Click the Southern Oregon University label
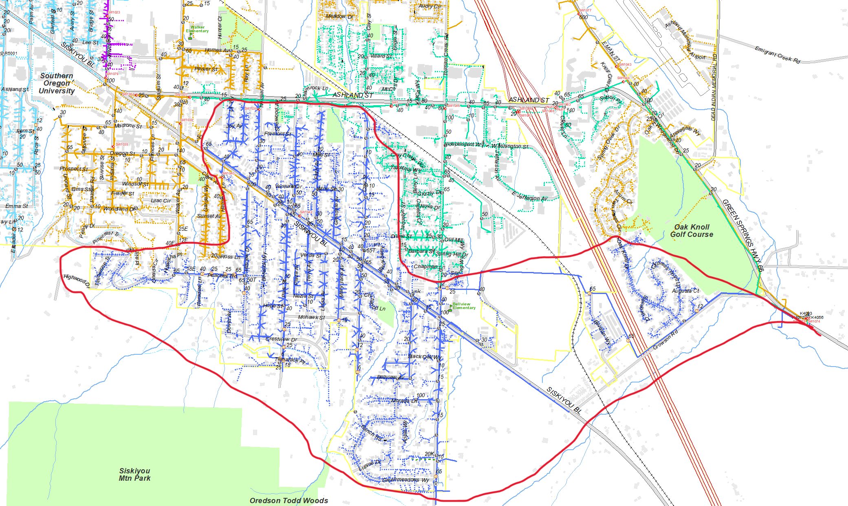pyautogui.click(x=57, y=83)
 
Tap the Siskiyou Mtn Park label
pyautogui.click(x=134, y=475)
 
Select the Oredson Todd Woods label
pyautogui.click(x=289, y=500)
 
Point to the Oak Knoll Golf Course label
pyautogui.click(x=692, y=230)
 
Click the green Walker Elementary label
pyautogui.click(x=197, y=29)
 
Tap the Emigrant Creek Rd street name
pyautogui.click(x=777, y=55)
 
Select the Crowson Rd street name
pyautogui.click(x=665, y=340)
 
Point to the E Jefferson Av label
pyautogui.click(x=529, y=196)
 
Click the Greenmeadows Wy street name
pyautogui.click(x=405, y=480)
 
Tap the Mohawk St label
pyautogui.click(x=311, y=317)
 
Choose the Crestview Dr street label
pyautogui.click(x=281, y=339)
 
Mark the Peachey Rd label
pyautogui.click(x=222, y=276)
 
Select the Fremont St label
pyautogui.click(x=278, y=134)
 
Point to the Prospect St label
pyautogui.click(x=74, y=169)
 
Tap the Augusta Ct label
pyautogui.click(x=685, y=291)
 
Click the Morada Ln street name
pyautogui.click(x=404, y=401)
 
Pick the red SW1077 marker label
pyautogui.click(x=585, y=10)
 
